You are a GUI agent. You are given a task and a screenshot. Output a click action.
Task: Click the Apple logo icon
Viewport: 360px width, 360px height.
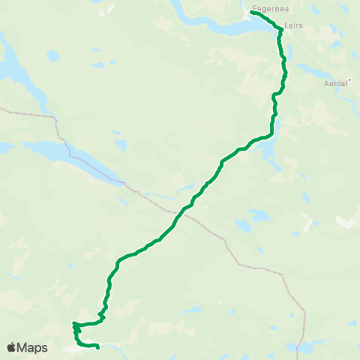tap(12, 347)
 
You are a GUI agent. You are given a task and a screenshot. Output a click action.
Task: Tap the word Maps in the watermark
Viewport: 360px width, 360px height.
tap(33, 347)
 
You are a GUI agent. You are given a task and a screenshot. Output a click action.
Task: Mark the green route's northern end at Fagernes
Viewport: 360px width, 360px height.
tap(252, 12)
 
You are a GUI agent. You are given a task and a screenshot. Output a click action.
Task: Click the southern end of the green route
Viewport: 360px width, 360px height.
tap(99, 347)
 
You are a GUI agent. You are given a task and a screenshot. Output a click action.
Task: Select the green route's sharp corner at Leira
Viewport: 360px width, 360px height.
tap(280, 29)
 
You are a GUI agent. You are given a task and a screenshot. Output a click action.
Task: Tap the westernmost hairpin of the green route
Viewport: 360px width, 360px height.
tap(74, 325)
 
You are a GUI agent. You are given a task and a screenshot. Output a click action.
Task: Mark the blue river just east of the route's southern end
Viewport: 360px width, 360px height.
tap(112, 346)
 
